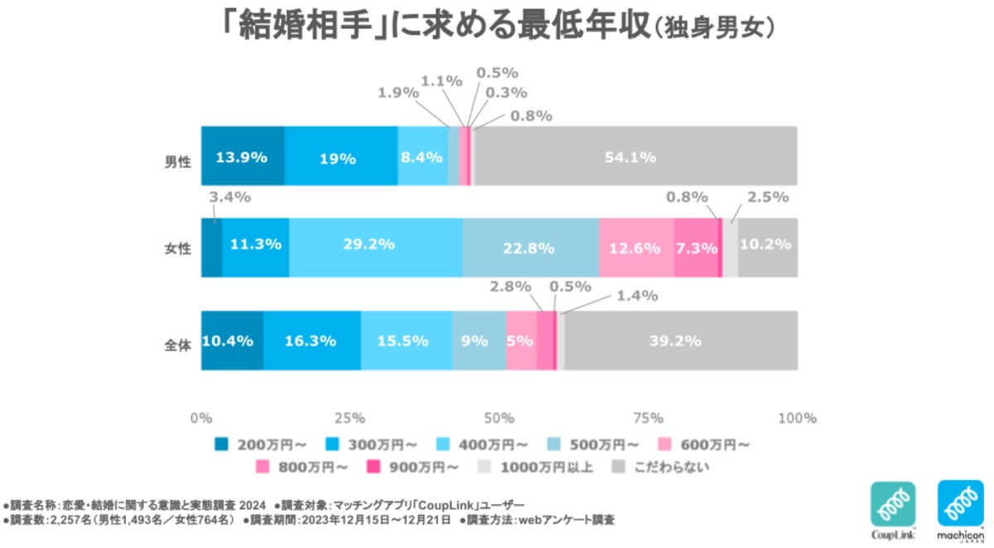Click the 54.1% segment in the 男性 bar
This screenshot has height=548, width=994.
[x=635, y=156]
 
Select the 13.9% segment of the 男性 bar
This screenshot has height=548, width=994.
[x=243, y=156]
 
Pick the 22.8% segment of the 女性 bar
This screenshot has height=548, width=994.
[x=530, y=247]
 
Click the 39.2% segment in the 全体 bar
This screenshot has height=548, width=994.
[x=681, y=340]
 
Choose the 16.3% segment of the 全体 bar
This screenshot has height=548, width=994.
[x=311, y=340]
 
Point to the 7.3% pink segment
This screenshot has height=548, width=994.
[x=696, y=247]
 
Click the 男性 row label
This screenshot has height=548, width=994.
[x=177, y=161]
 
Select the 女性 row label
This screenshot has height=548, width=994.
[x=177, y=248]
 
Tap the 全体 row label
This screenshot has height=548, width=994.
[x=177, y=342]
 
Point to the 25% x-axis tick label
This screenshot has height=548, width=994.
[x=350, y=417]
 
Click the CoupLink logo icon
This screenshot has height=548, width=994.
[x=893, y=506]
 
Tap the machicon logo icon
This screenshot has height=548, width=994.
[x=960, y=506]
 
